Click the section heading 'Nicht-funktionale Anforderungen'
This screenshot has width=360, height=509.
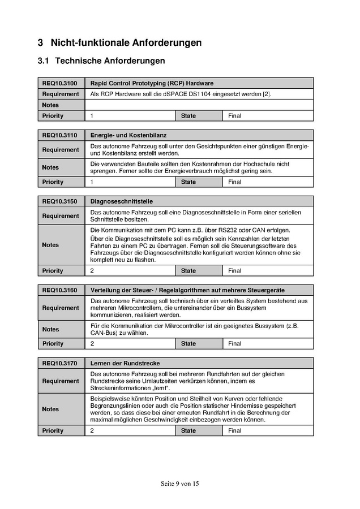point(126,42)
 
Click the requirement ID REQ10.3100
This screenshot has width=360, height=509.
point(59,83)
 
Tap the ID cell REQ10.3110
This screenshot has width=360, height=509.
point(59,135)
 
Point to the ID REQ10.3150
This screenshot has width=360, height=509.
point(59,201)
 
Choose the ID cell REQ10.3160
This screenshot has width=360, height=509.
point(59,290)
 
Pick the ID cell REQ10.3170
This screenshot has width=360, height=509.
point(59,363)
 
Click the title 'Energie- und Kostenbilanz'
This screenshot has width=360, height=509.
point(128,135)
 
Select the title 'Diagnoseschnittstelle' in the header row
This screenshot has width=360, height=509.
point(122,201)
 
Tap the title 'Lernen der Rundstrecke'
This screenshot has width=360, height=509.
point(125,363)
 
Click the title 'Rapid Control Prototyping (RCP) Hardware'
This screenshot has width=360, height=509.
point(152,83)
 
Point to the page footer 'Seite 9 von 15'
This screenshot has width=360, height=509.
point(180,484)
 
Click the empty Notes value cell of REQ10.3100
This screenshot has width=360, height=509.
point(199,105)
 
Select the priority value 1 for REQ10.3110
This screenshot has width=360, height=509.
point(92,182)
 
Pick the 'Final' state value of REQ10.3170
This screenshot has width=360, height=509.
point(235,430)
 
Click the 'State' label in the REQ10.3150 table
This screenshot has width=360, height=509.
point(188,271)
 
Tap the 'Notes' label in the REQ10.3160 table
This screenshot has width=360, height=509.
point(50,329)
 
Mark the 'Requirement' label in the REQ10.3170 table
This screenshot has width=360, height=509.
point(60,381)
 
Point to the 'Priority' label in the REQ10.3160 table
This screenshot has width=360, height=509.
point(53,343)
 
